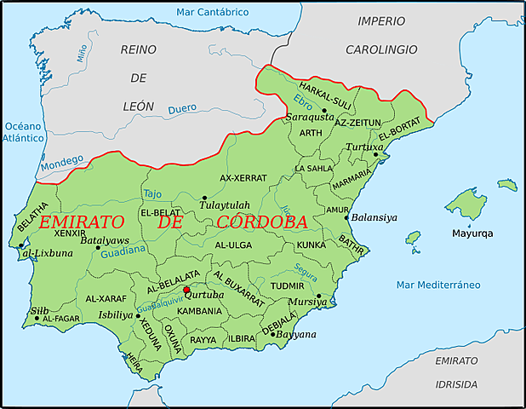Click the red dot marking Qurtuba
[186, 290]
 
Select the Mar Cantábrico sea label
[213, 12]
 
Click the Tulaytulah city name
[225, 206]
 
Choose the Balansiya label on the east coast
[374, 216]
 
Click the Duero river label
[182, 109]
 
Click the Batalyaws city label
[105, 240]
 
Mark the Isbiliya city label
[116, 314]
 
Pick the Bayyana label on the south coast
[295, 334]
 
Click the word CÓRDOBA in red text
[262, 222]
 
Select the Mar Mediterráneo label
[438, 284]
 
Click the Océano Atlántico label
[23, 131]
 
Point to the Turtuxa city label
[364, 147]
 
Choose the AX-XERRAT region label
[243, 178]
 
